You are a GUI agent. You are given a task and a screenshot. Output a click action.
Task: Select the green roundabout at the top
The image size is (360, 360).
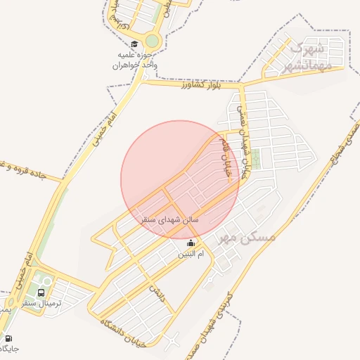[153, 41]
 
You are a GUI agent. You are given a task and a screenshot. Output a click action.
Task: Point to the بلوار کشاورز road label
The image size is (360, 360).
[200, 86]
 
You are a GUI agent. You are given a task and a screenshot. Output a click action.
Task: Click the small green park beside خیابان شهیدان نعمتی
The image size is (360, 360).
[256, 159]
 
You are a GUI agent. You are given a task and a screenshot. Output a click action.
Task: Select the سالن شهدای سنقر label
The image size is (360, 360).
[171, 220]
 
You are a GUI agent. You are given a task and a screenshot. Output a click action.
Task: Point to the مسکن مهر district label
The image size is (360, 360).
[247, 237]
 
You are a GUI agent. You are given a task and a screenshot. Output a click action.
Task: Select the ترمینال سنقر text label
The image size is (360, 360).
[62, 303]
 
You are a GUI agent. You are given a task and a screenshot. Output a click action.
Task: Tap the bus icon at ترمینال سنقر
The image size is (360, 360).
[41, 292]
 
